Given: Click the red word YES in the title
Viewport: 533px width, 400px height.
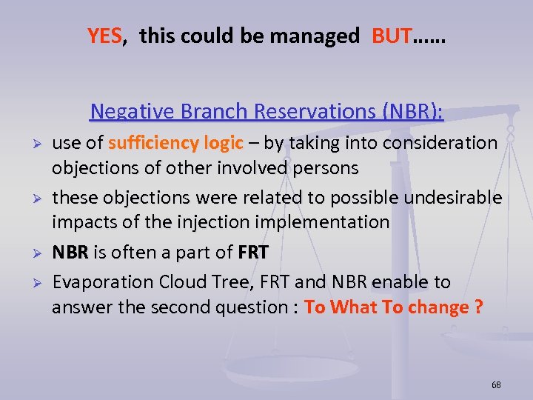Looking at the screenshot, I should [x=104, y=36].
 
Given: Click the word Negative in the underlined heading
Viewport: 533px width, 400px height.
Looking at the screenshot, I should [x=132, y=111].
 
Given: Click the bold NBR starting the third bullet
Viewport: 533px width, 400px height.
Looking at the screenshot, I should [x=70, y=253].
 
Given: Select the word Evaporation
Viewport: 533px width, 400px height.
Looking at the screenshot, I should [x=97, y=282].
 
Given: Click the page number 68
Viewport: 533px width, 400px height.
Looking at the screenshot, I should [x=496, y=385].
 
